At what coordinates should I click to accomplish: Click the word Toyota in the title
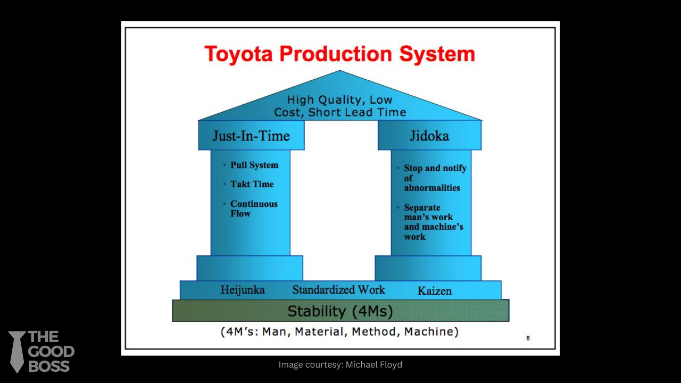point(239,54)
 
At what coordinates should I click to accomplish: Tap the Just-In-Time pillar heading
point(251,136)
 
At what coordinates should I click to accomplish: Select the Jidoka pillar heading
point(429,136)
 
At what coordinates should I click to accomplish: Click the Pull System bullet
point(254,165)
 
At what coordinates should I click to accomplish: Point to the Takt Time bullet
point(252,185)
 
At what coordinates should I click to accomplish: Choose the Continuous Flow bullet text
point(254,209)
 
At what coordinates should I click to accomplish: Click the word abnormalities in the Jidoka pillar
point(432,188)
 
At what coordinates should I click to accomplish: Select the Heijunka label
point(243,290)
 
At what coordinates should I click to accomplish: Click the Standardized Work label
point(339,290)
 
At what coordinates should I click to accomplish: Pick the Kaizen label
point(435,291)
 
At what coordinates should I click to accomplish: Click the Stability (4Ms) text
point(340,311)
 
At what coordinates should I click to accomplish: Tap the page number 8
point(528,338)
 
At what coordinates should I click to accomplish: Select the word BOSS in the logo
point(49,366)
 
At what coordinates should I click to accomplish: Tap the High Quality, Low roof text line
point(339,100)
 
